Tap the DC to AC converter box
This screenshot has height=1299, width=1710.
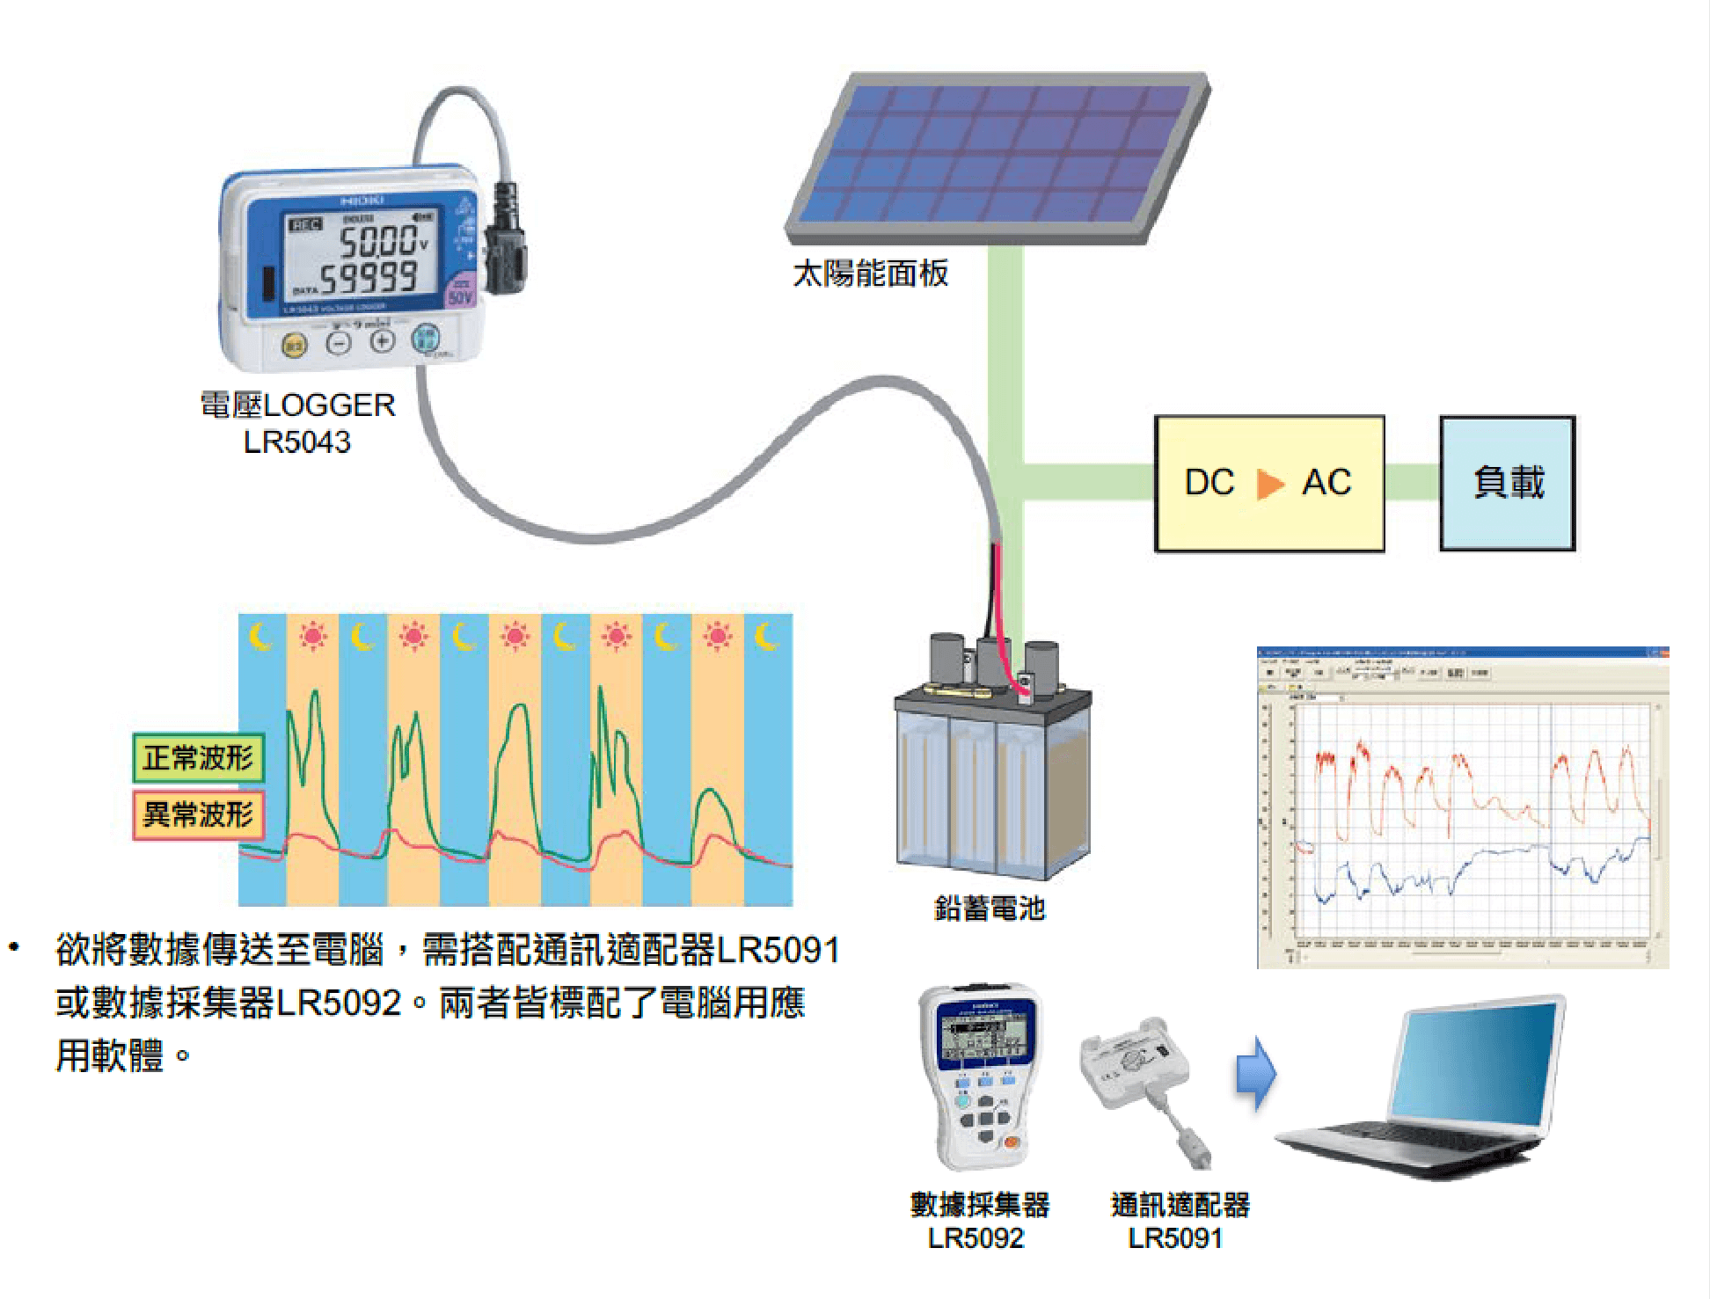(x=1268, y=483)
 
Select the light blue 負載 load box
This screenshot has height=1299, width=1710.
(x=1507, y=483)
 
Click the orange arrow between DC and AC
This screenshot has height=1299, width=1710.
(x=1268, y=484)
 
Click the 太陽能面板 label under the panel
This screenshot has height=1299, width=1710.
(x=870, y=274)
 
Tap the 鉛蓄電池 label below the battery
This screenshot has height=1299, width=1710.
(x=989, y=908)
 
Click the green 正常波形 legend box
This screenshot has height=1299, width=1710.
(x=198, y=757)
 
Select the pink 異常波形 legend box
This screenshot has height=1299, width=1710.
(x=198, y=814)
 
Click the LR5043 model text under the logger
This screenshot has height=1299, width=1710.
(x=296, y=442)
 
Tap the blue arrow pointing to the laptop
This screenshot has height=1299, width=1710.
(x=1255, y=1073)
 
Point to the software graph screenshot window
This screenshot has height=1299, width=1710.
(x=1462, y=807)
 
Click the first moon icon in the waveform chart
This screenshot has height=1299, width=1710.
(x=260, y=635)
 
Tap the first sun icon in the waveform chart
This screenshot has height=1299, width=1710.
(x=312, y=635)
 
